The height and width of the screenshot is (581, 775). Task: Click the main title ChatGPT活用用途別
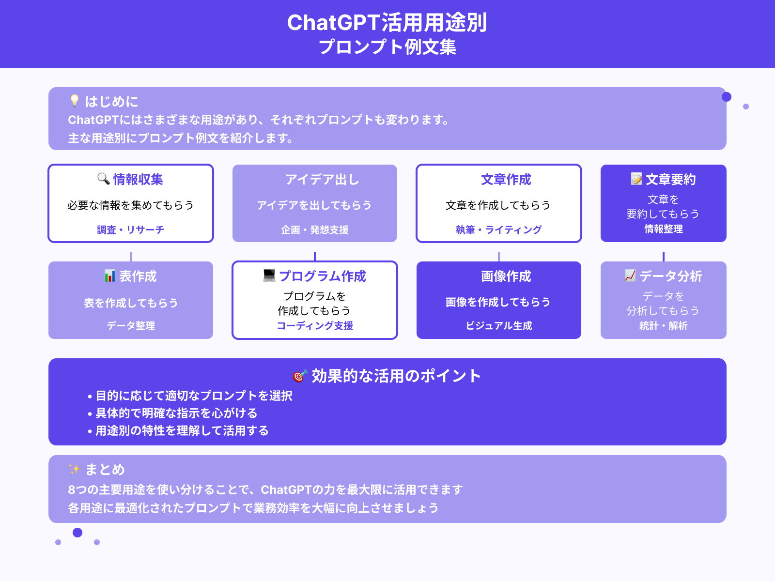pos(387,23)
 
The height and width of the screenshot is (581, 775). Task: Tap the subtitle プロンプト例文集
pos(387,47)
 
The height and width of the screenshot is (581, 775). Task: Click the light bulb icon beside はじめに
pos(74,101)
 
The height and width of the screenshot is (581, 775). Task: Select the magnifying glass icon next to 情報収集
pos(103,179)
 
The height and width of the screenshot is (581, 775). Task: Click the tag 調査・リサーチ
pos(130,229)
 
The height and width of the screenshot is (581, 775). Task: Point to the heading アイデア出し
pos(322,180)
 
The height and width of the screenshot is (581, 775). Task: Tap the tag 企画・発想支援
pos(314,229)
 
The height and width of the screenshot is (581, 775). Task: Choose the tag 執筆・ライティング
pos(498,229)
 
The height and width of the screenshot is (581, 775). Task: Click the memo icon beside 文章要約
pos(636,179)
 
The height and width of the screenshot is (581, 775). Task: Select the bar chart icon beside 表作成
pos(110,276)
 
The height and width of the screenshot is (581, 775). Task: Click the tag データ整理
pos(130,325)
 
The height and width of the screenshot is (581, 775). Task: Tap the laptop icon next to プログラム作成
pos(269,275)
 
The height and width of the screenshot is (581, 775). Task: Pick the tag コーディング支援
pos(314,325)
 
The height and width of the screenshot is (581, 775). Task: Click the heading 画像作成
pos(506,276)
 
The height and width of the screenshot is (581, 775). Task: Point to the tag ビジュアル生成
pos(498,325)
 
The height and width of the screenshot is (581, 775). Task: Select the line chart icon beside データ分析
pos(630,275)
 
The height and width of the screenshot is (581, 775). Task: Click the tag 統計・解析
pos(663,325)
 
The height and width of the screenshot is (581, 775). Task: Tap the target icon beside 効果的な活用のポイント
pos(300,376)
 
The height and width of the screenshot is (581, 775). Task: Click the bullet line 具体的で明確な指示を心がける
pos(176,413)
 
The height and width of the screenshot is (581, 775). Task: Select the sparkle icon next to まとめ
pos(74,469)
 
